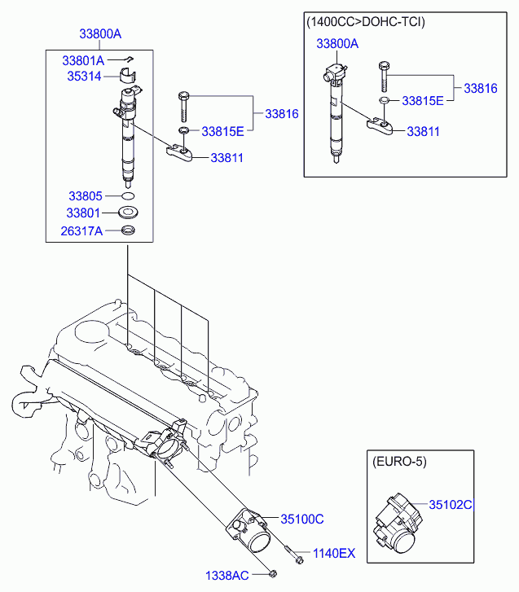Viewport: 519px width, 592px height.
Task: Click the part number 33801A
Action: click(x=83, y=60)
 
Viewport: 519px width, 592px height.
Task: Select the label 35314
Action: click(x=84, y=77)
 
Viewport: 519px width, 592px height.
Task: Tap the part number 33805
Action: click(x=86, y=196)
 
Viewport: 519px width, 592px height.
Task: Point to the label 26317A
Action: click(x=81, y=230)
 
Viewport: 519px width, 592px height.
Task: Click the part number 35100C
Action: click(x=302, y=520)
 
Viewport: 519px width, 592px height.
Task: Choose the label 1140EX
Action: click(x=334, y=553)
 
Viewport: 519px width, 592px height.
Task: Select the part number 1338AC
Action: click(x=227, y=576)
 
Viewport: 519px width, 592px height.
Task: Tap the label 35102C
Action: click(x=451, y=504)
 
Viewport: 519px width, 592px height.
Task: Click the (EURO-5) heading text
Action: click(x=399, y=462)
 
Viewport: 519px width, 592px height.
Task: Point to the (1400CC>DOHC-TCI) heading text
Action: click(x=366, y=22)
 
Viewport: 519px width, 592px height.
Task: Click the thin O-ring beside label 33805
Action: click(x=128, y=196)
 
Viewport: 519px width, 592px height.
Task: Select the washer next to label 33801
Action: click(x=128, y=213)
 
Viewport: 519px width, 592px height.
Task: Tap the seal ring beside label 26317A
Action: click(x=128, y=230)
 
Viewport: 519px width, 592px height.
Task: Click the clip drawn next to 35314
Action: click(x=128, y=75)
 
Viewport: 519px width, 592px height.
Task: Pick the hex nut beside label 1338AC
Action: click(x=273, y=574)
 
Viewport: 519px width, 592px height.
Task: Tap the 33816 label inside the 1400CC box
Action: click(x=481, y=88)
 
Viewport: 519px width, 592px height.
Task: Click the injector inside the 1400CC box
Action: click(x=335, y=113)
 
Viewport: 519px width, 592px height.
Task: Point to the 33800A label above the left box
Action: click(x=100, y=34)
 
